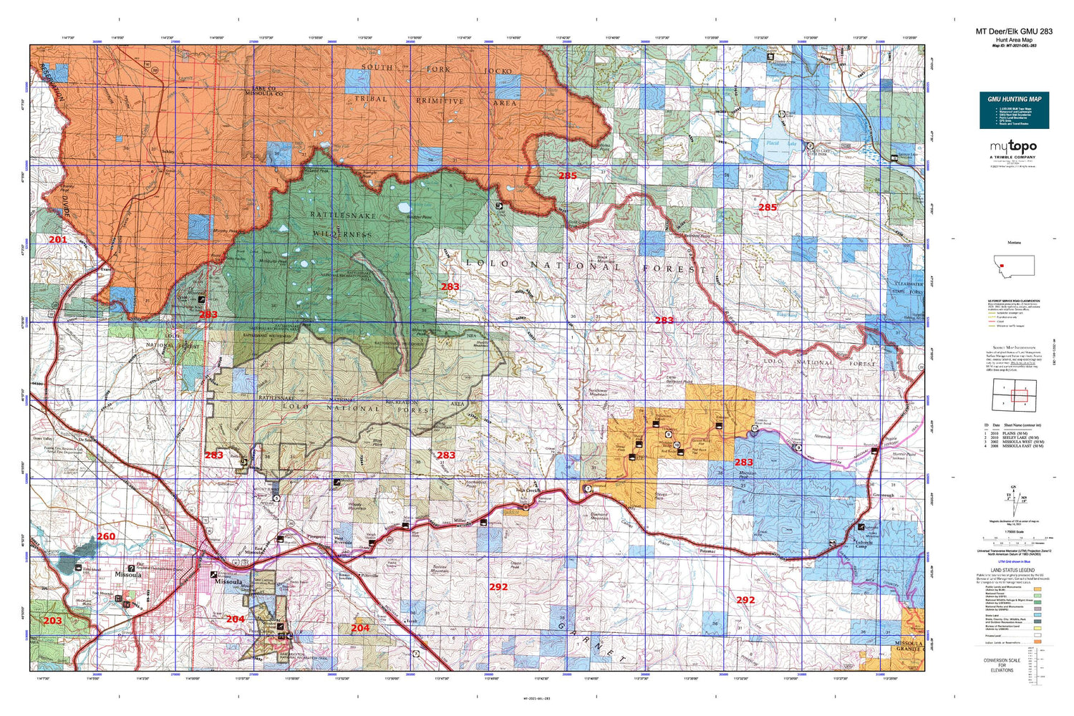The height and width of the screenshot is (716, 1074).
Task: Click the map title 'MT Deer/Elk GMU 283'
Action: click(x=1014, y=32)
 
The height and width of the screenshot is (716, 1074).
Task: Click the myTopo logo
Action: click(x=1013, y=147)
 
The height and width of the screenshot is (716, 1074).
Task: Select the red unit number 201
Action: click(x=57, y=239)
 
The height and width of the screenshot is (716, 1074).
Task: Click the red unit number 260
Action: click(x=105, y=536)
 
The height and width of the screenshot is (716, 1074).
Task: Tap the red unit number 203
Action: click(x=52, y=620)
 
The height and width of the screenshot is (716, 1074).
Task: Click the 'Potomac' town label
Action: click(x=707, y=551)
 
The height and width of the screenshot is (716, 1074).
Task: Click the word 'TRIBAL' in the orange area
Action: click(x=370, y=99)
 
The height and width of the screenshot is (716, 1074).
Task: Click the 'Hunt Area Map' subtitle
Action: click(x=1014, y=40)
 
